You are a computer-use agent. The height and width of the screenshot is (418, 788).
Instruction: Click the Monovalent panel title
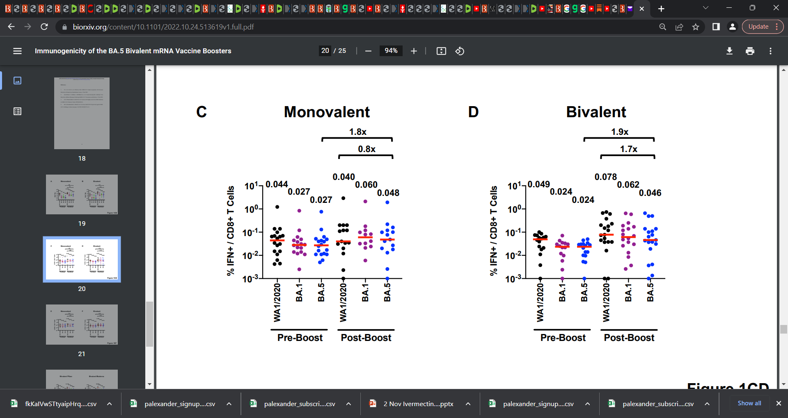click(327, 112)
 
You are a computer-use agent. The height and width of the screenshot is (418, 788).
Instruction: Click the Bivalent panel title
click(596, 112)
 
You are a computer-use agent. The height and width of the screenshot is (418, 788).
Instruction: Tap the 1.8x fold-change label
click(357, 132)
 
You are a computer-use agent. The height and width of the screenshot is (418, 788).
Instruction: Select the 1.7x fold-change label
click(628, 149)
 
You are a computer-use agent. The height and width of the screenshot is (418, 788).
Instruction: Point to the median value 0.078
click(605, 177)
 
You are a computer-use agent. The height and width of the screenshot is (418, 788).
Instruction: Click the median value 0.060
click(366, 185)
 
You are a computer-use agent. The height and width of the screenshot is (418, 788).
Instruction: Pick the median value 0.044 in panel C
click(277, 184)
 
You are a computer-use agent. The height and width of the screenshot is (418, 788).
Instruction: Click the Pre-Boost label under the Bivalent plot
click(563, 338)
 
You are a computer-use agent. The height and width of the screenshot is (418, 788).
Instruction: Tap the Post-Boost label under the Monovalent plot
click(366, 338)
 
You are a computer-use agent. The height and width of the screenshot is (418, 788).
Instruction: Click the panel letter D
click(473, 112)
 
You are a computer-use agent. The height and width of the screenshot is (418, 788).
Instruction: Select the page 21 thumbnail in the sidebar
click(82, 324)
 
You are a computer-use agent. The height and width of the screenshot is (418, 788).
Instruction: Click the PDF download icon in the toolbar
click(729, 51)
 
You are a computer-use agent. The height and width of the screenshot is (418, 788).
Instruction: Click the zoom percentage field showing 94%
click(391, 51)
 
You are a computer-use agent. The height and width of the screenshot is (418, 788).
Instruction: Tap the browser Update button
click(758, 27)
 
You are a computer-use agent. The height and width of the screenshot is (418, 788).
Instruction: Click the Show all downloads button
click(749, 403)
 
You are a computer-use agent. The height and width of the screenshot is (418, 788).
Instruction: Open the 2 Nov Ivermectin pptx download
click(418, 404)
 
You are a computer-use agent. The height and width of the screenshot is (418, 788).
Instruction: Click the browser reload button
click(44, 27)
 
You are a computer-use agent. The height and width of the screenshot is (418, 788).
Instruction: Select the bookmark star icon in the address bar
click(696, 27)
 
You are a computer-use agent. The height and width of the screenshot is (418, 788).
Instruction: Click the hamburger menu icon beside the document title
click(17, 51)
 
